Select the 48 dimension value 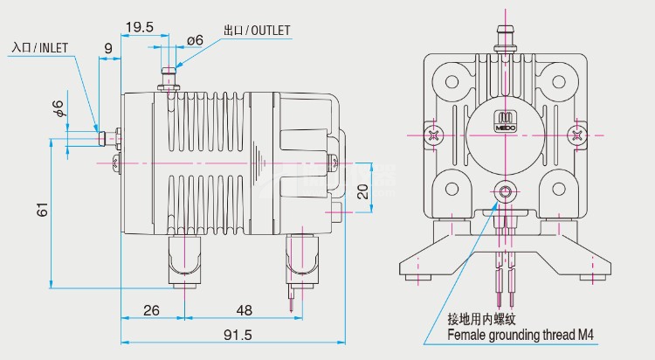click(x=244, y=310)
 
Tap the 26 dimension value click(x=151, y=310)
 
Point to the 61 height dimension click(x=42, y=211)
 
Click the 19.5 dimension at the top click(x=139, y=27)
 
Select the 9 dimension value click(x=107, y=46)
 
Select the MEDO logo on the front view click(x=507, y=123)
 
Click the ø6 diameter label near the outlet click(x=195, y=40)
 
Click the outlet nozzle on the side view click(x=169, y=77)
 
